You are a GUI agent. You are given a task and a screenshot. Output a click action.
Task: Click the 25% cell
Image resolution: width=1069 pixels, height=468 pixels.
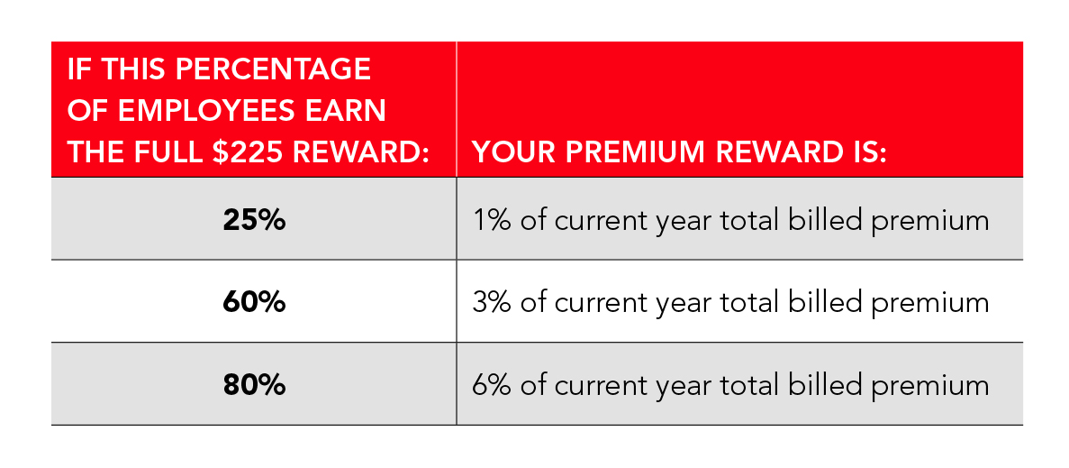254,220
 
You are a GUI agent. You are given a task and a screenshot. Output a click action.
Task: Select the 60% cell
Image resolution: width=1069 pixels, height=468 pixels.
254,302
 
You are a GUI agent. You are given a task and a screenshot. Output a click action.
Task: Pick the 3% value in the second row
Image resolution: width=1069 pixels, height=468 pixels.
492,302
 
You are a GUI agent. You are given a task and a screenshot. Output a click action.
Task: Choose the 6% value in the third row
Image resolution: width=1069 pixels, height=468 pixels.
492,385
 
